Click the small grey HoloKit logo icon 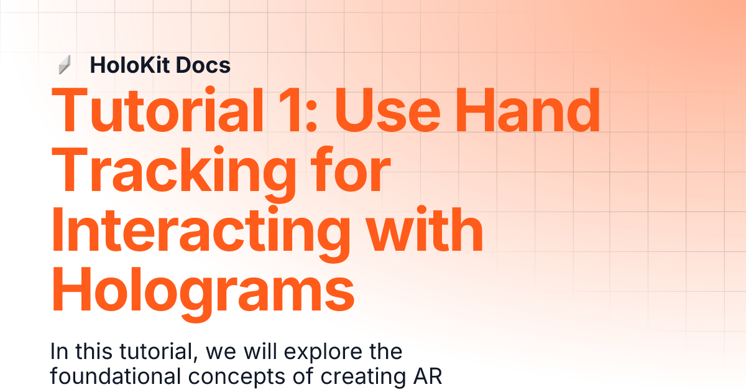pyautogui.click(x=64, y=65)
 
